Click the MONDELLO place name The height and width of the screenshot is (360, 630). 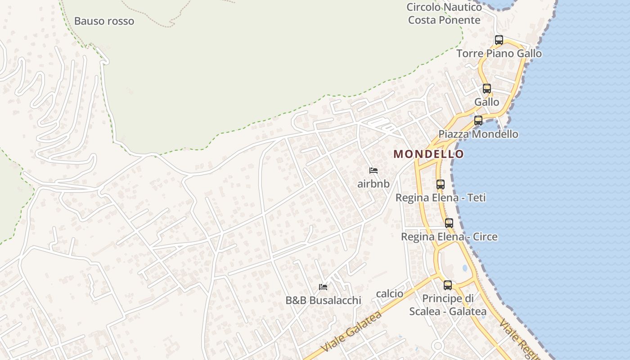tap(428, 154)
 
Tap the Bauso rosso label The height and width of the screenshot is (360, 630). tap(104, 21)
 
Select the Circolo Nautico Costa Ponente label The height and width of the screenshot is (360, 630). tap(444, 14)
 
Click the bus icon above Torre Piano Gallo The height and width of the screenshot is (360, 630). tap(499, 40)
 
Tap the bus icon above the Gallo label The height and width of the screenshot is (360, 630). tap(487, 89)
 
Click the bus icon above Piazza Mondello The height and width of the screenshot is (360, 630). tap(478, 121)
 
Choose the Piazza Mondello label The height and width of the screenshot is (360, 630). tap(478, 134)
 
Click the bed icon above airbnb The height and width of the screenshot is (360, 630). tap(373, 171)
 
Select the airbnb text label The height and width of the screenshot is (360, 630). tap(373, 184)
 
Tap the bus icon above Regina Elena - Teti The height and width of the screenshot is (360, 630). tap(441, 184)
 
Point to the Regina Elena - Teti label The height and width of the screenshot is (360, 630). tap(441, 198)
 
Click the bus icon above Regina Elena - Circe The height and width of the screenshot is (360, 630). tap(449, 223)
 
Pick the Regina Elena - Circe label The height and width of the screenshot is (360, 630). tap(449, 237)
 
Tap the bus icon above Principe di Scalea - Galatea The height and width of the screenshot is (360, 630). tap(448, 285)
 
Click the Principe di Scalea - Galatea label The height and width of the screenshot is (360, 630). tap(448, 305)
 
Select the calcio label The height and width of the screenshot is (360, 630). tap(390, 294)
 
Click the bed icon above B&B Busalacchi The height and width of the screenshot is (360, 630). tap(323, 287)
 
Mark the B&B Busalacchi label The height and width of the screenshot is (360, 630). tap(323, 301)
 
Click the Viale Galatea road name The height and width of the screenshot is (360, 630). tap(352, 332)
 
